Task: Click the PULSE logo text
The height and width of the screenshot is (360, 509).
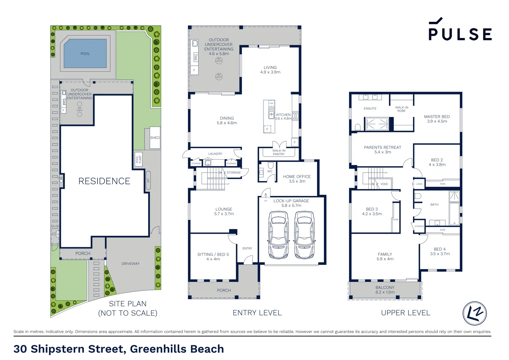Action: point(460,34)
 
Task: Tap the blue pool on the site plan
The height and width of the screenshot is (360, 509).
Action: point(85,53)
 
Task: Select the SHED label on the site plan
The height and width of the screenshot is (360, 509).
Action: point(155,138)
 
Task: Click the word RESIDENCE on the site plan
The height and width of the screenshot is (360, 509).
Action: point(104,181)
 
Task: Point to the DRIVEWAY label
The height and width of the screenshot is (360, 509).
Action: point(130,264)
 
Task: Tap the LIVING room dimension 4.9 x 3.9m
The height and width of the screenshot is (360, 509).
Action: point(270,72)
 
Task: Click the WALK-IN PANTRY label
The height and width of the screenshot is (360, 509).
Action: point(279,152)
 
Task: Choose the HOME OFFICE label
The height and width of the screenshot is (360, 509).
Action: point(297,177)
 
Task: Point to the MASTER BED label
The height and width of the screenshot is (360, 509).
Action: point(437,117)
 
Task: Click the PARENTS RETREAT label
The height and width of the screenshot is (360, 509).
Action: point(382,147)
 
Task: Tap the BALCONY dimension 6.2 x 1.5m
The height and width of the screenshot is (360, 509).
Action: point(385,292)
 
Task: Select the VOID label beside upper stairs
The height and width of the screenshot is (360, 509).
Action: point(384,184)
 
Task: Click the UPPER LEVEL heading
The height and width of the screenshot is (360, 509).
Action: point(405,313)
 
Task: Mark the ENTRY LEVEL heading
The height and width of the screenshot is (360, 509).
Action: point(257,313)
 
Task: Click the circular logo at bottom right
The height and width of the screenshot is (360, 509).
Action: point(474,313)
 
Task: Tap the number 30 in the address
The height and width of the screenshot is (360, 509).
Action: point(20,349)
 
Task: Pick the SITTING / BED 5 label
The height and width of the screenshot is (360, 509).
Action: point(213,254)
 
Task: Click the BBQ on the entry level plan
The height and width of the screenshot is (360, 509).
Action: point(196,57)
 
